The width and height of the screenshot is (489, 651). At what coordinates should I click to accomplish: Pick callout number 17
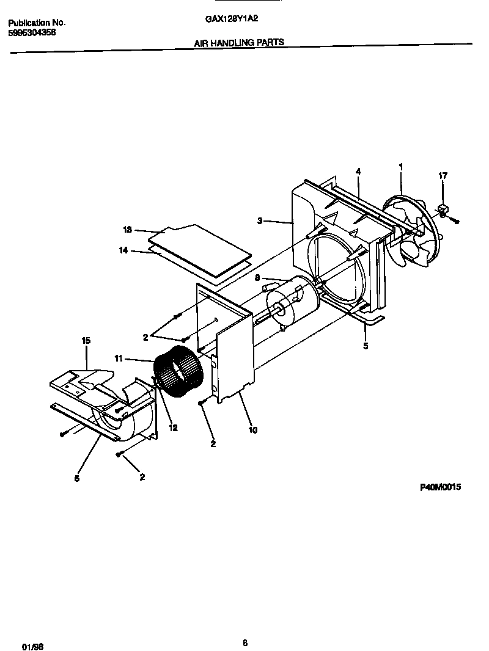(x=443, y=176)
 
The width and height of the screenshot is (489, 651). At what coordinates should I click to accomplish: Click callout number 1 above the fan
(x=400, y=166)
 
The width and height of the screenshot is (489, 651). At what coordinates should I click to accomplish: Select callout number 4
(x=358, y=172)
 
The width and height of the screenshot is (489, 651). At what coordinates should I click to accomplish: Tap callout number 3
(x=260, y=221)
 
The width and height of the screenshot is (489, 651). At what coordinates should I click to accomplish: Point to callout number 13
(x=127, y=230)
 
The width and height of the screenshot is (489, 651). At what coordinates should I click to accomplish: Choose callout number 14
(x=123, y=250)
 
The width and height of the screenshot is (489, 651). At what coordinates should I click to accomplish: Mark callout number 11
(x=119, y=358)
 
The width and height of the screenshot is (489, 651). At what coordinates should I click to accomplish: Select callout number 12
(x=173, y=428)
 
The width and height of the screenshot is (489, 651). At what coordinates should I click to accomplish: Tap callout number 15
(x=86, y=341)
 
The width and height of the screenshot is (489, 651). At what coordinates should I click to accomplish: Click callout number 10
(x=252, y=430)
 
